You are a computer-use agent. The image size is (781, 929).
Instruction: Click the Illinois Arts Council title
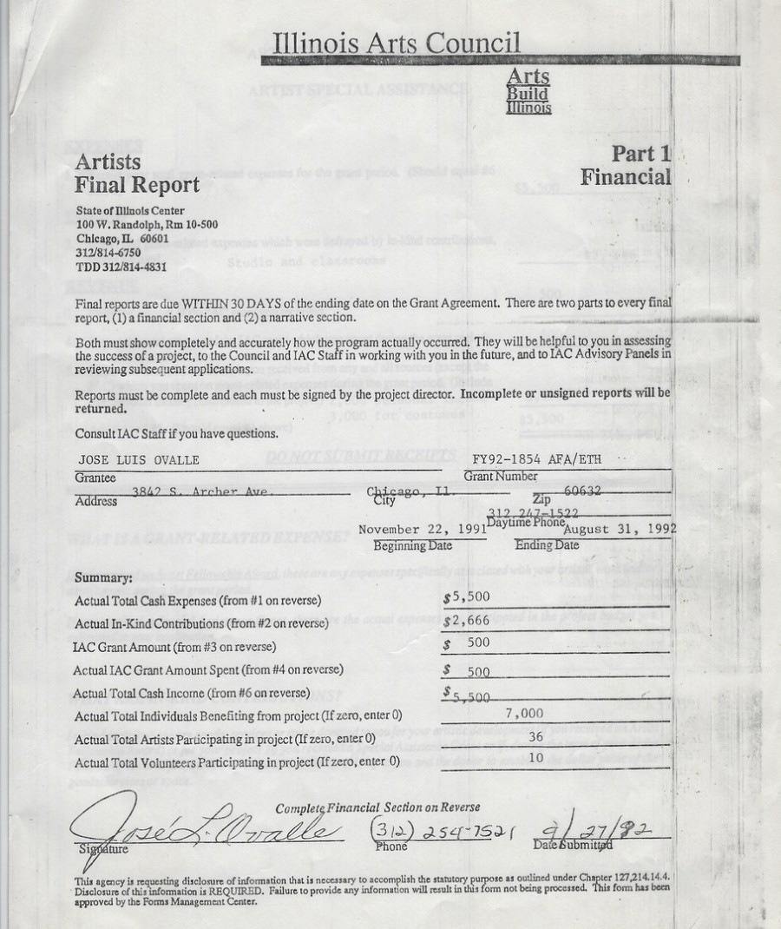(397, 42)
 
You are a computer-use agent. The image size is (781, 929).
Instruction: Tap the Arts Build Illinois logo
(528, 92)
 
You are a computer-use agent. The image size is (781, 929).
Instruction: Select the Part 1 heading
(641, 155)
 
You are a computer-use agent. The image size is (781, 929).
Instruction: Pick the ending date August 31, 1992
(619, 529)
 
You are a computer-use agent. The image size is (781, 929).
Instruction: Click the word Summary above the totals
(103, 577)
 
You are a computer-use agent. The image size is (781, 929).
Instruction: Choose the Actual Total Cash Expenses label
(186, 601)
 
